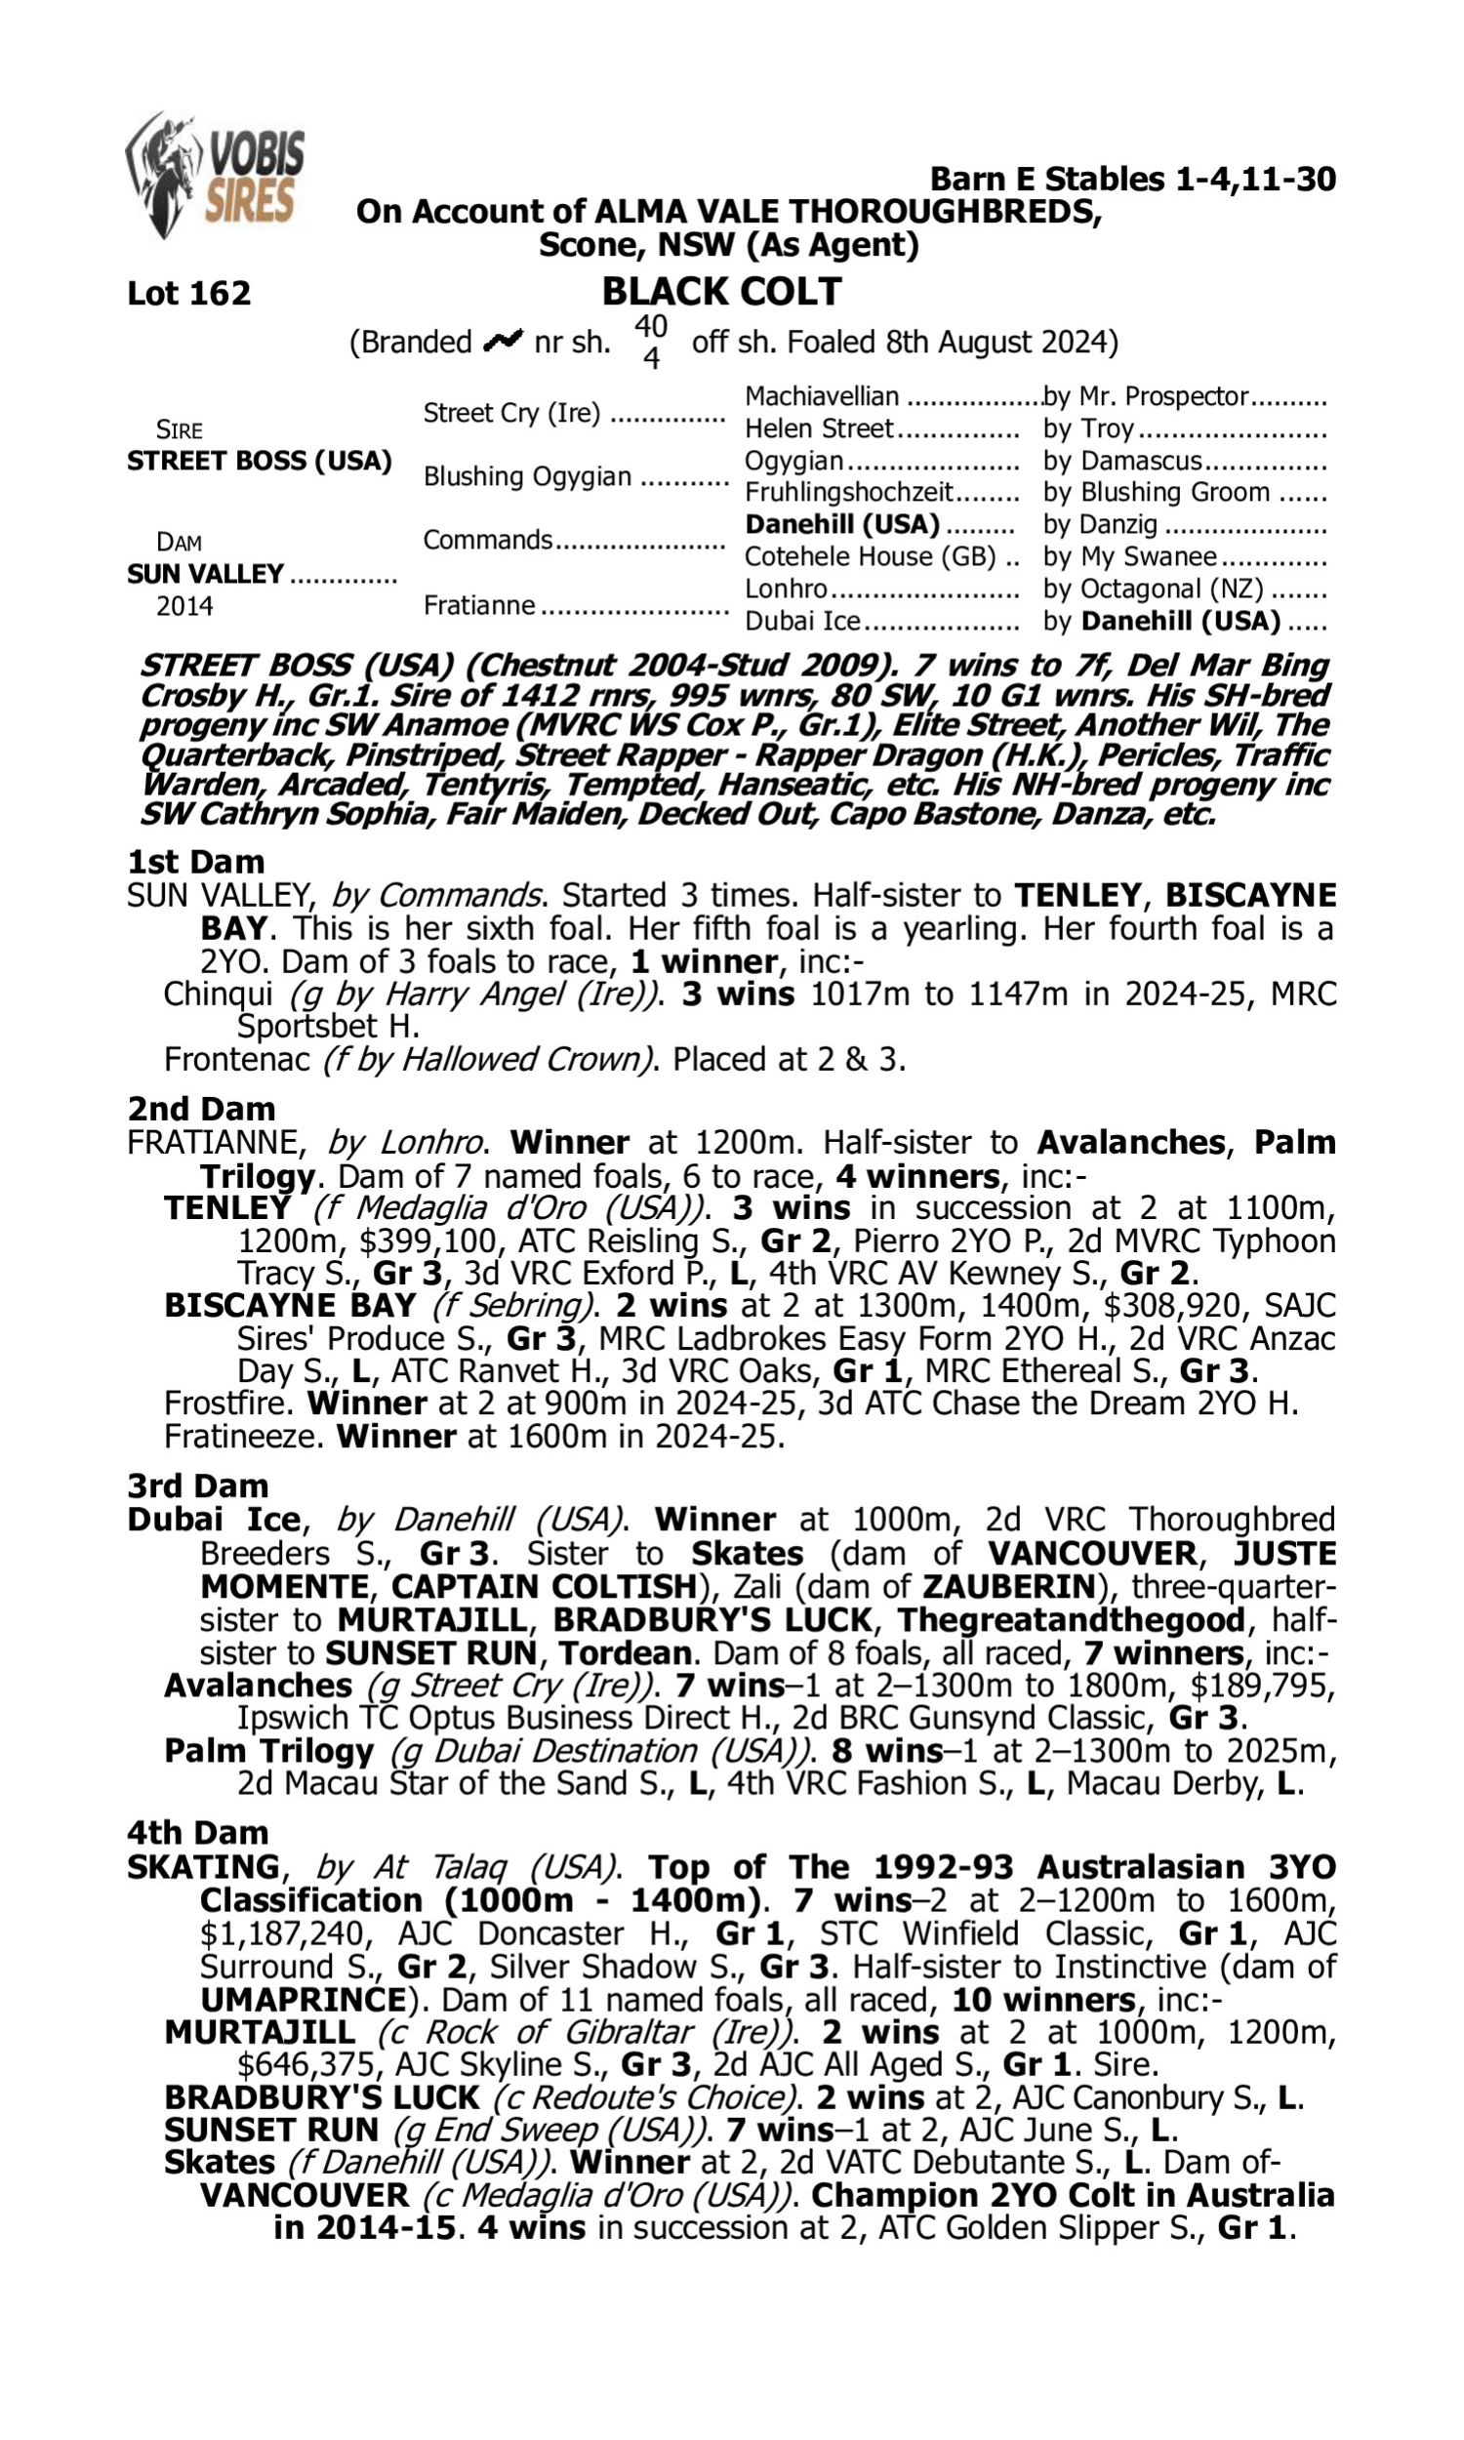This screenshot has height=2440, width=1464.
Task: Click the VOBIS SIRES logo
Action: [215, 175]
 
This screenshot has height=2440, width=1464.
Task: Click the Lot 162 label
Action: [188, 293]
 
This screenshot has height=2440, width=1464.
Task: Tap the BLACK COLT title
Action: [721, 292]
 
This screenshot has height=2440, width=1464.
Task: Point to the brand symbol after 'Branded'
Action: [503, 342]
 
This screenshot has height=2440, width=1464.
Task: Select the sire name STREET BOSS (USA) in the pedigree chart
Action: [260, 461]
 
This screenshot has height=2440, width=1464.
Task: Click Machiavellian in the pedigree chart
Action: [821, 396]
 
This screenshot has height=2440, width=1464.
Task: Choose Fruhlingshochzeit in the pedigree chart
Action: [848, 491]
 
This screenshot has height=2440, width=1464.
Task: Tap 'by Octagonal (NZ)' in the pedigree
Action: [1153, 589]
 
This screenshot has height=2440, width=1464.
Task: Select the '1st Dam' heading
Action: [195, 861]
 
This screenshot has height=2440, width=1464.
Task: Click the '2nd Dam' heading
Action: [200, 1109]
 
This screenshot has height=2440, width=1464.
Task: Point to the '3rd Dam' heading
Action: [197, 1485]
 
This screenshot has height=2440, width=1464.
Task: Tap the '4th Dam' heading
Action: [197, 1833]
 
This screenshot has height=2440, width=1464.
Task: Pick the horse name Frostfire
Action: [230, 1403]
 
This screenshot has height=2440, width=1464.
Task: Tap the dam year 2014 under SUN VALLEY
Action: [184, 605]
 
